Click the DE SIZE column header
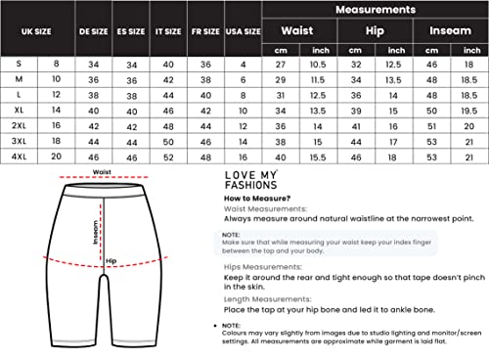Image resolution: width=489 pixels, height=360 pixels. click(x=94, y=32)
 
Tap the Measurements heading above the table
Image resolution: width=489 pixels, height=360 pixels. click(x=376, y=9)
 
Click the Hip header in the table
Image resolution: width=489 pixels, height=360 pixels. click(x=376, y=30)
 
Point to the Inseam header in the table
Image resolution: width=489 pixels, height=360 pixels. click(x=450, y=30)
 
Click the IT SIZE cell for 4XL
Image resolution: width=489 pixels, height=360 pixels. click(x=169, y=156)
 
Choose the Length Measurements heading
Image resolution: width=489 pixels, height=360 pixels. click(x=263, y=299)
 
